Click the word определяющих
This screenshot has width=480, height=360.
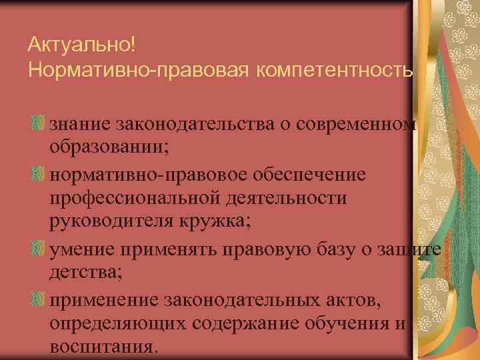(120, 323)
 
